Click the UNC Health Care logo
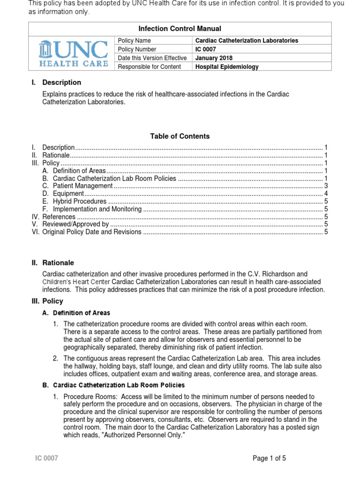click(x=72, y=53)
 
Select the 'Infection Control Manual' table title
click(x=180, y=29)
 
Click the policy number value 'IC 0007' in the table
click(x=206, y=49)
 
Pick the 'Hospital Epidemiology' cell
click(x=227, y=67)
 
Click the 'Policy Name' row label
click(x=135, y=41)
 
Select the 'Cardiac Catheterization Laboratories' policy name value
click(x=247, y=41)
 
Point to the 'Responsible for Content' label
click(x=150, y=67)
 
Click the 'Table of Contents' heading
click(x=180, y=136)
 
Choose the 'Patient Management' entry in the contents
click(x=82, y=186)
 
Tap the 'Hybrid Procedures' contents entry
click(x=80, y=202)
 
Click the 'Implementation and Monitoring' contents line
click(x=97, y=209)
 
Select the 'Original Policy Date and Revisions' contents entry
click(x=92, y=232)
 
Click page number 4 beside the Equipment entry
click(x=326, y=194)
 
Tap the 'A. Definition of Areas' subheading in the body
click(x=76, y=313)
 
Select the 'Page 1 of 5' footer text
click(x=269, y=458)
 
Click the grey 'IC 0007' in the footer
click(x=47, y=458)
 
